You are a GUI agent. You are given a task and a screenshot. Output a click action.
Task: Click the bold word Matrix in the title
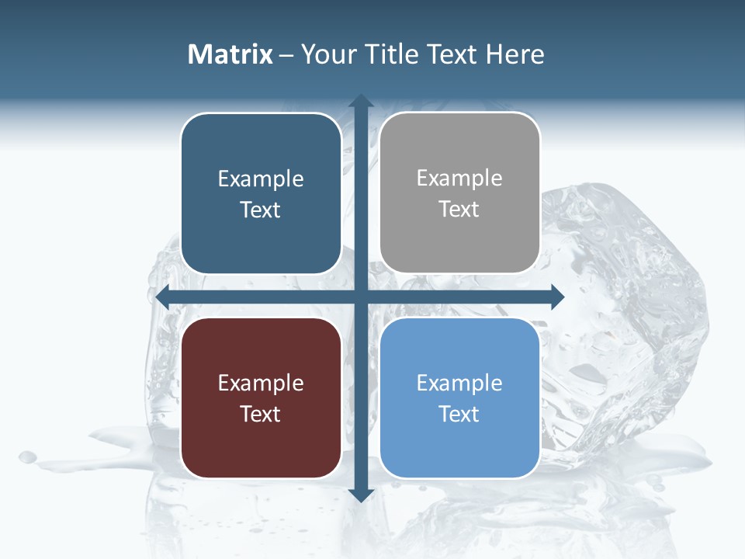coord(230,54)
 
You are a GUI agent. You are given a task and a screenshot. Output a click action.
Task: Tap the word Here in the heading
coord(515,54)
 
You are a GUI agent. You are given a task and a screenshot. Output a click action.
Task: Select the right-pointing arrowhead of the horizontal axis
coord(556,297)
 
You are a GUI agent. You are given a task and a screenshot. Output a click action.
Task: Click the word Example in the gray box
coord(459,179)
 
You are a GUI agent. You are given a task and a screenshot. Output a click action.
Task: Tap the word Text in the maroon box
coord(261,414)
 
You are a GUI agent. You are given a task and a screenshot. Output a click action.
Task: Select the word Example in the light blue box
coord(459,383)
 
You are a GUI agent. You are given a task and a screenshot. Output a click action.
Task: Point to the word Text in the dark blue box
coord(261,210)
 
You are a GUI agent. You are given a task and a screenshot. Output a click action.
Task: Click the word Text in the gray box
coord(459,210)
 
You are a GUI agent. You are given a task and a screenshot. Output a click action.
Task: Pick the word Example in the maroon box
coord(261,383)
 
